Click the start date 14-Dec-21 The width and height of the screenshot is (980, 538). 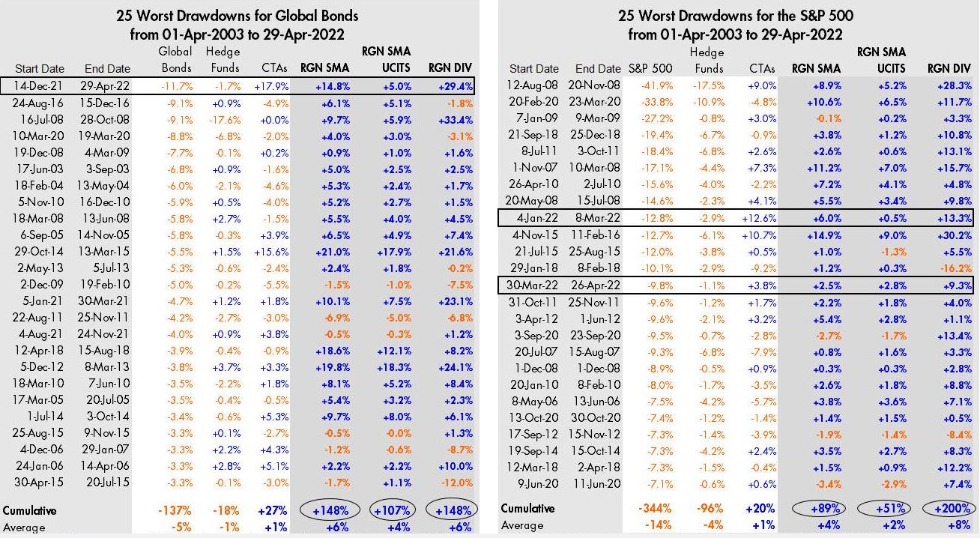point(37,86)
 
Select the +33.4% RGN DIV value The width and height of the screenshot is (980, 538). point(456,120)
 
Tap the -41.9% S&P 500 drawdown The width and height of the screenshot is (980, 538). point(657,85)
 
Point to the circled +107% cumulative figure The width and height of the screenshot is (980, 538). point(393,510)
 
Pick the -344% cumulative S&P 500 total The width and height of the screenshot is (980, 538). point(655,508)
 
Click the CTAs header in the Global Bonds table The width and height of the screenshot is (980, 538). point(274,68)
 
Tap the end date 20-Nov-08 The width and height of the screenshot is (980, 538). point(594,85)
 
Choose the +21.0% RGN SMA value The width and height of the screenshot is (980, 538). point(332,252)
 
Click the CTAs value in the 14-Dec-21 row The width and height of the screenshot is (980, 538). point(271,87)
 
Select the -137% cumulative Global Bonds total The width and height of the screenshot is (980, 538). point(175,510)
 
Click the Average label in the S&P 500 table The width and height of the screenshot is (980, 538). point(522,525)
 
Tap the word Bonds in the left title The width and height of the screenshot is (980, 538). point(333,16)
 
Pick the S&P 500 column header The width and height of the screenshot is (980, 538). point(650,69)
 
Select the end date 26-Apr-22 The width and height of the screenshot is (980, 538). point(596,285)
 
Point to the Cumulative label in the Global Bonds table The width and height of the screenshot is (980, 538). point(29,511)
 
